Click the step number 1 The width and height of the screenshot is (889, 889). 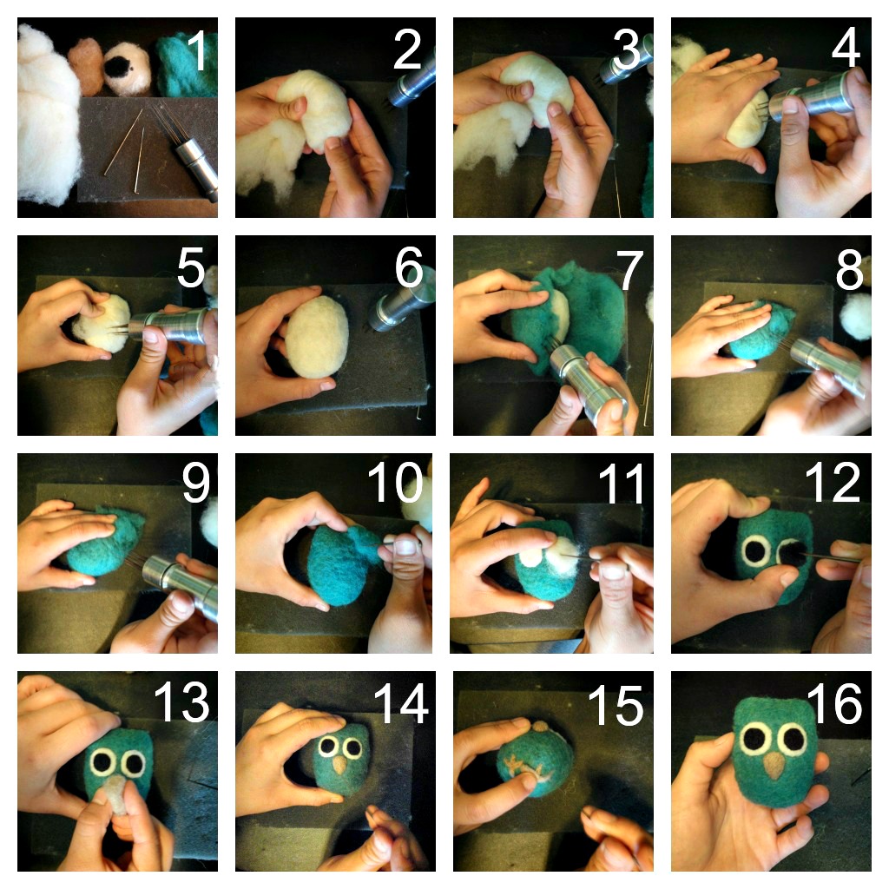click(x=197, y=49)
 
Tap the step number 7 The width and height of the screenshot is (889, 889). click(x=630, y=271)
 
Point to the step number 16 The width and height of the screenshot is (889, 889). click(x=834, y=703)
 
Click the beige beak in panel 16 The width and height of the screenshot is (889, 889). click(x=774, y=765)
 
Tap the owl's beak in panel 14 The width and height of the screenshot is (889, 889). click(x=339, y=765)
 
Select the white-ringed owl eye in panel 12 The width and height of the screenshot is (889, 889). click(x=756, y=550)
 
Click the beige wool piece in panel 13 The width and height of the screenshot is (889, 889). click(x=117, y=794)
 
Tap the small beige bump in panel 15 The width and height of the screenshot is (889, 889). click(x=540, y=725)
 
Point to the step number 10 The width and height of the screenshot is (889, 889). click(x=395, y=482)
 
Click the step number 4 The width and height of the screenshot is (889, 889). click(x=846, y=49)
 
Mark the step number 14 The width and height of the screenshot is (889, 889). click(x=401, y=703)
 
